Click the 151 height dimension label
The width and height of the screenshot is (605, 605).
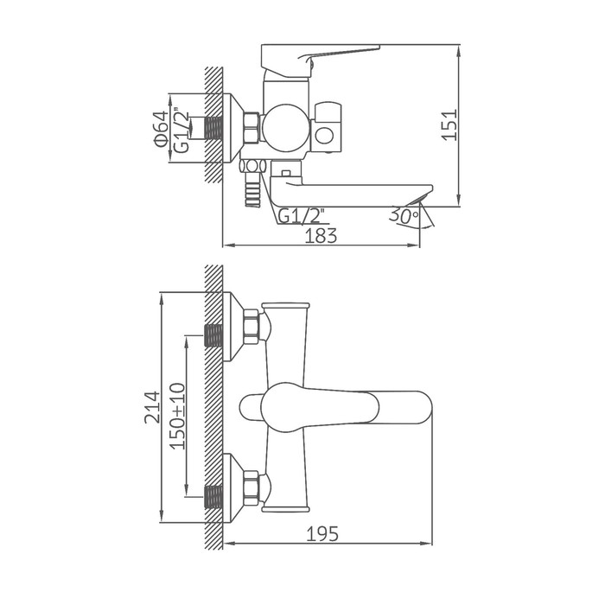tap(450, 124)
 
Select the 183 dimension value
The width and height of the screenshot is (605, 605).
tap(321, 236)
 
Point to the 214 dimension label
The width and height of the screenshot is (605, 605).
tap(152, 407)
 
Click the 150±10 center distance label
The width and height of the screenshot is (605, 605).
tap(178, 416)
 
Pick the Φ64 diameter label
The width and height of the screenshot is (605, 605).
tap(162, 129)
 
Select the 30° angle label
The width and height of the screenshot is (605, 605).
tap(404, 215)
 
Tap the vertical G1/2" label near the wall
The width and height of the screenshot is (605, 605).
tap(181, 130)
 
